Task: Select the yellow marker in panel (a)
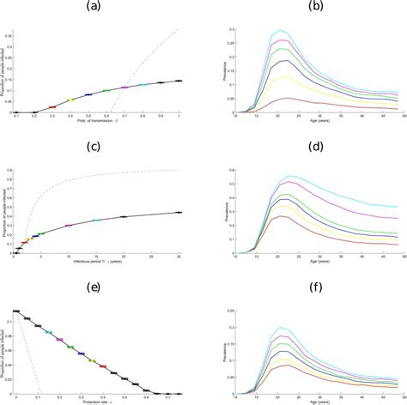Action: [x=70, y=100]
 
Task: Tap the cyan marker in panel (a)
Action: [x=143, y=85]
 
